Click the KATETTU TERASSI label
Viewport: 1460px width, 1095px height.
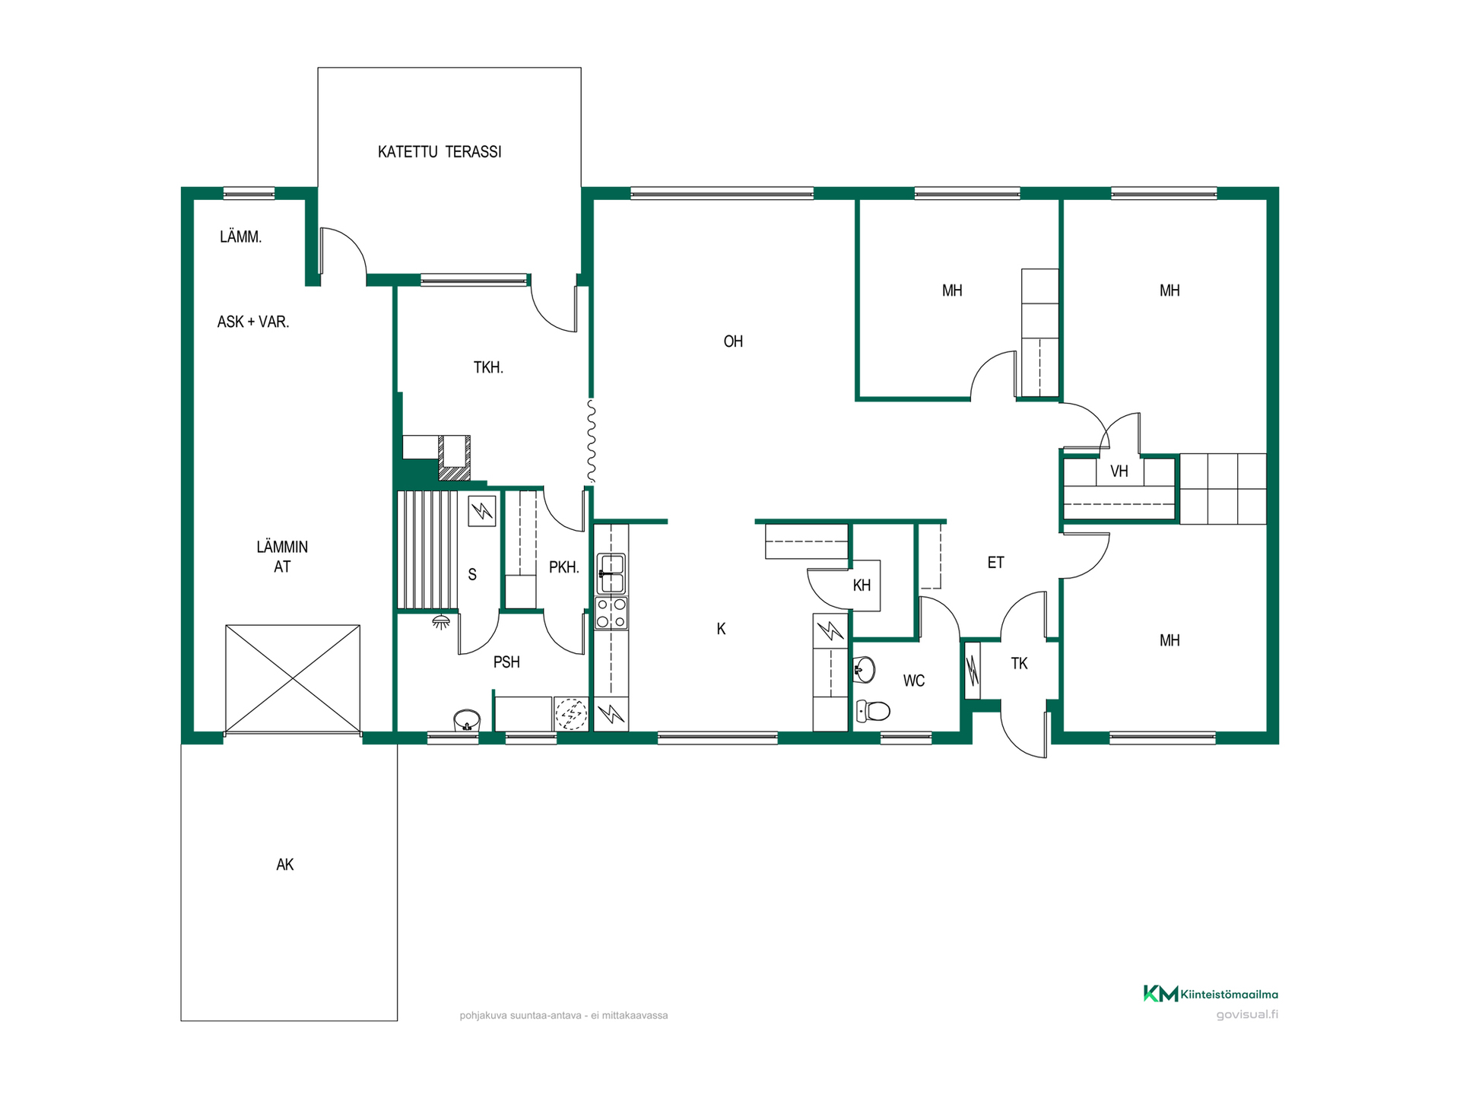click(x=440, y=152)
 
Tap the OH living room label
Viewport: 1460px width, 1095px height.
click(x=733, y=341)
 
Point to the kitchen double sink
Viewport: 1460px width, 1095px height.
click(x=611, y=573)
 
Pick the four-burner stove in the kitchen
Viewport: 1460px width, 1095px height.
click(x=611, y=613)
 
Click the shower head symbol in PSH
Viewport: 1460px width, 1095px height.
click(x=440, y=623)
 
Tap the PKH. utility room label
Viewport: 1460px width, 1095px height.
click(x=563, y=567)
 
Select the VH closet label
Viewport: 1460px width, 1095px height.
click(x=1119, y=471)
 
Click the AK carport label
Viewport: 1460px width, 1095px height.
click(x=284, y=865)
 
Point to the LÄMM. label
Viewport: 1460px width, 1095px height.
click(x=240, y=236)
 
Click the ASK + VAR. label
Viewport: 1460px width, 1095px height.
click(x=253, y=322)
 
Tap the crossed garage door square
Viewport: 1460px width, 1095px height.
click(x=293, y=679)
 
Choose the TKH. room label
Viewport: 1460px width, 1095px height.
click(x=488, y=367)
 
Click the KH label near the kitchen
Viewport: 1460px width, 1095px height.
click(x=862, y=586)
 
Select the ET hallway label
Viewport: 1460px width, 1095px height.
click(x=995, y=563)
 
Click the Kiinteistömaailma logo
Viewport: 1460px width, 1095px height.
click(x=1211, y=994)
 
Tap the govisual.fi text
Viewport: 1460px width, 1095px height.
click(x=1247, y=1014)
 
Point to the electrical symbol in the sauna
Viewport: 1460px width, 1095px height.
click(x=482, y=511)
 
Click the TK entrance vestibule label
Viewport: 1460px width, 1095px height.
click(x=1019, y=664)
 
